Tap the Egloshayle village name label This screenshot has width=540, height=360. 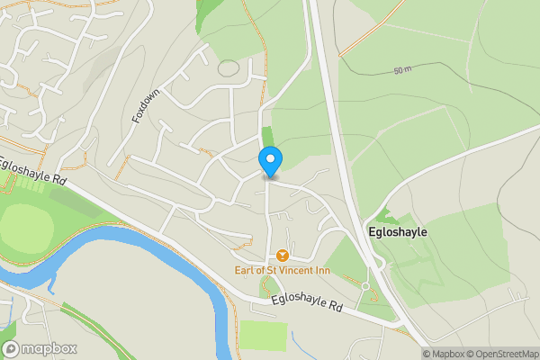pos(398,231)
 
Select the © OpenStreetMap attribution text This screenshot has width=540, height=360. pos(498,354)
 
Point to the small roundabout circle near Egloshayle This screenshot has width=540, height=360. pos(365,286)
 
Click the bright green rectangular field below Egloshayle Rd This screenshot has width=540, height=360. pos(264,335)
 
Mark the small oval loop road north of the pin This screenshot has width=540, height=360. pos(229,67)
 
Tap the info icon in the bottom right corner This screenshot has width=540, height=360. pos(413,354)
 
